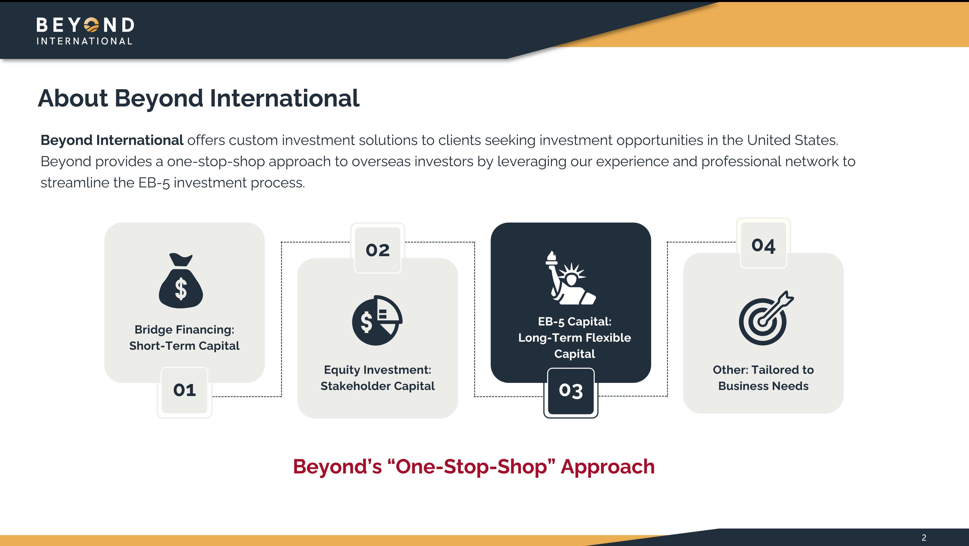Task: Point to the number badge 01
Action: click(x=184, y=390)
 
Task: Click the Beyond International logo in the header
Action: click(x=85, y=31)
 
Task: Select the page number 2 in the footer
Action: click(x=924, y=538)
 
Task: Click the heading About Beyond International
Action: click(x=199, y=98)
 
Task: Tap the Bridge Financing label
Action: click(x=184, y=330)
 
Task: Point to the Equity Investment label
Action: click(x=378, y=370)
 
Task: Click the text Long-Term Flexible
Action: click(x=574, y=338)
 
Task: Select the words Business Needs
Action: click(x=763, y=386)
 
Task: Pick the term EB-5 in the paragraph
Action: click(x=154, y=183)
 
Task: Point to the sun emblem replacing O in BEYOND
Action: click(x=91, y=25)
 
